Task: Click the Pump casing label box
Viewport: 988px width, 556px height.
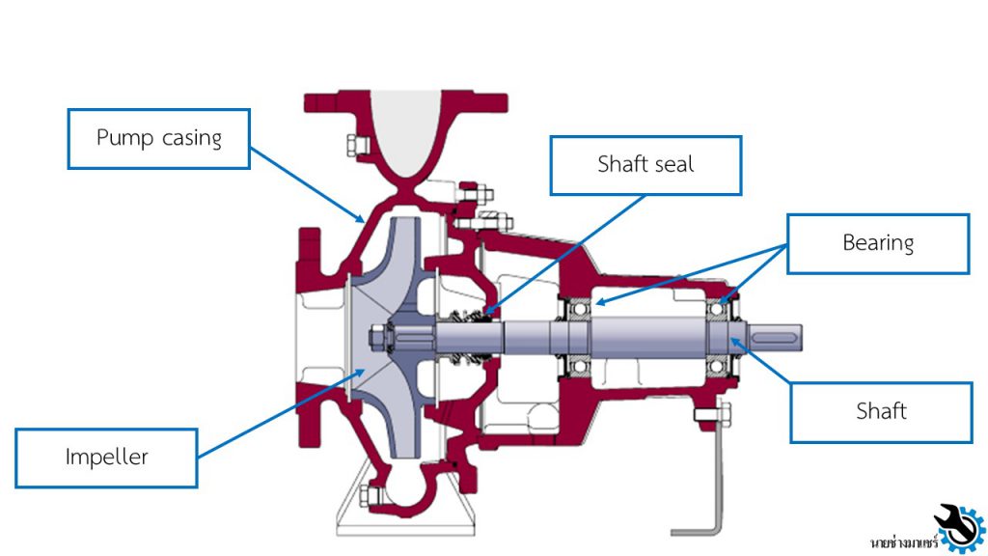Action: coord(159,138)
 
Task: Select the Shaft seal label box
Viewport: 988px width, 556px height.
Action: coord(645,164)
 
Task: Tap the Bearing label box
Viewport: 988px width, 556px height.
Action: coord(878,243)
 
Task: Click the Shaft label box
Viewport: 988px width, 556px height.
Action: coord(881,412)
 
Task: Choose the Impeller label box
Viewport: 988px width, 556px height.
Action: coord(107,457)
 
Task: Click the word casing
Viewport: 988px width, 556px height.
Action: coord(191,138)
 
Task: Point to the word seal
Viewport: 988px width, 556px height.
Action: coord(674,164)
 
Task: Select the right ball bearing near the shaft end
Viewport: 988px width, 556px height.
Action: coord(718,334)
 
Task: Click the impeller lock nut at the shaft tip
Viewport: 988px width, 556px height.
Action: coord(378,337)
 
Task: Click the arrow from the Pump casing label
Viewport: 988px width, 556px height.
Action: coord(306,183)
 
